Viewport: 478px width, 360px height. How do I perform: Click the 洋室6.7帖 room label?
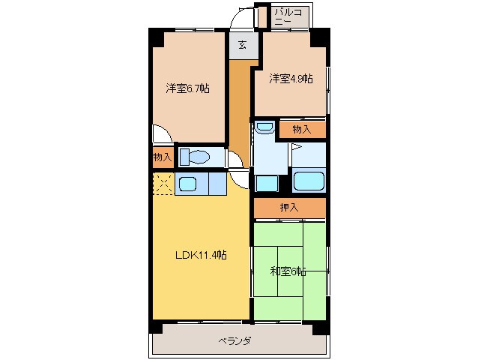tap(187, 88)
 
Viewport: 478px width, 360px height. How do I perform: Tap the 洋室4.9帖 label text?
tap(291, 78)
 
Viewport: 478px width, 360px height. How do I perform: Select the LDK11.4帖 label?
tap(201, 255)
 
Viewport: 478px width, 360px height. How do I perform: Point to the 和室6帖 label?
tap(288, 271)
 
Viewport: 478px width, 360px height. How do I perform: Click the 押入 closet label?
tap(289, 208)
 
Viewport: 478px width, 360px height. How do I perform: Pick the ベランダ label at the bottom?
tap(235, 341)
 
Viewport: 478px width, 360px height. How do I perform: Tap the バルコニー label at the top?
tap(288, 17)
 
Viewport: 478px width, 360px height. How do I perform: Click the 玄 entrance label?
tap(243, 45)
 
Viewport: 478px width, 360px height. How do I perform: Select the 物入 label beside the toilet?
tap(163, 157)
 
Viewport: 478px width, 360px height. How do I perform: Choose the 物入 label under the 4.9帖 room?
tap(302, 129)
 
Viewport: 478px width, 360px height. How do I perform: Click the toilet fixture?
tap(196, 157)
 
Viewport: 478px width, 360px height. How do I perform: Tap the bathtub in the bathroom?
tap(309, 181)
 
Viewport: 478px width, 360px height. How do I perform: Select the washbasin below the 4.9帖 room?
tap(264, 128)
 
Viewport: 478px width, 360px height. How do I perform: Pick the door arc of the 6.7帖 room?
tap(162, 135)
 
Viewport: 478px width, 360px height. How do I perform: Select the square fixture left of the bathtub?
tap(266, 183)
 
